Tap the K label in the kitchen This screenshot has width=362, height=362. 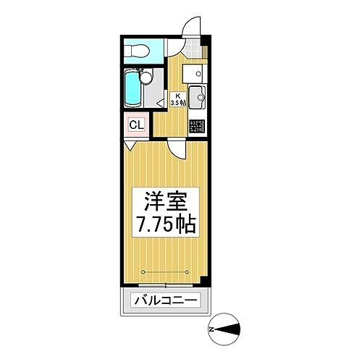click(x=177, y=95)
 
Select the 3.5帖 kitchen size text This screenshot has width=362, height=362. click(x=177, y=104)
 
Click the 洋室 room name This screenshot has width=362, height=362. click(x=164, y=199)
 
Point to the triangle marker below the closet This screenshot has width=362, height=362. click(x=127, y=145)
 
